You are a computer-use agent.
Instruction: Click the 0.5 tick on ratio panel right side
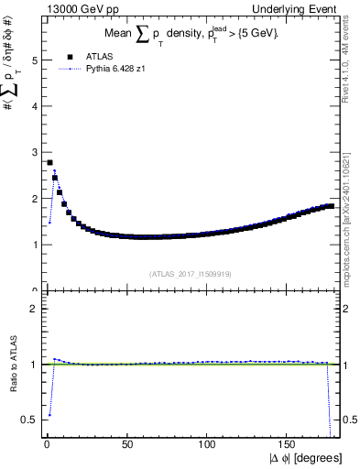349,420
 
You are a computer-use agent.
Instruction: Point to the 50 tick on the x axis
126,444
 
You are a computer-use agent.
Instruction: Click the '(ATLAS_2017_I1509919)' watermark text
190,273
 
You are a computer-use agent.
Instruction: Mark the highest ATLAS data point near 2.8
49,162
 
